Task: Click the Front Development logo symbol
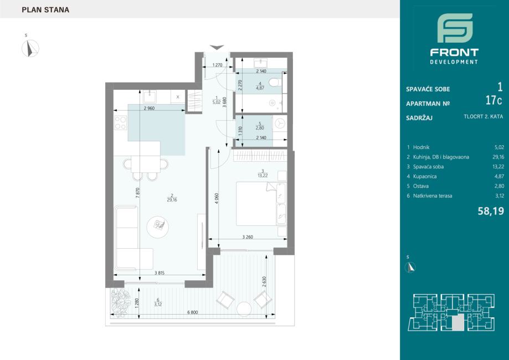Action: [455, 28]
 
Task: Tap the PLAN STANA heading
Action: [45, 10]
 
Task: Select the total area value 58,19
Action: [491, 212]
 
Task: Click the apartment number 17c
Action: [493, 101]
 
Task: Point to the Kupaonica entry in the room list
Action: [425, 176]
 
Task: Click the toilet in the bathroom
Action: [276, 83]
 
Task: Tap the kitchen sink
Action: [150, 96]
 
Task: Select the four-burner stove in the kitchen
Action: [120, 123]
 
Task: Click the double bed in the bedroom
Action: [261, 203]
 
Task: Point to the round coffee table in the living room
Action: [158, 227]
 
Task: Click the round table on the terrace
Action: [244, 309]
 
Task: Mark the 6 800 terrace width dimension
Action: [193, 312]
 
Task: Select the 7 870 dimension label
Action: [138, 193]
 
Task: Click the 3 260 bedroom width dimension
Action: [248, 237]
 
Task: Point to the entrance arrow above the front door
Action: [217, 48]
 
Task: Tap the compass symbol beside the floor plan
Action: [30, 48]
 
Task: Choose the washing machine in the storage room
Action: [280, 124]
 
